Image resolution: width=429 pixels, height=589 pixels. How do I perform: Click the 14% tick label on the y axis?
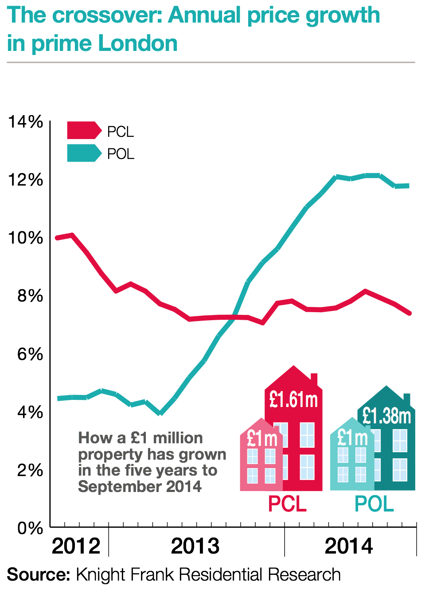26,121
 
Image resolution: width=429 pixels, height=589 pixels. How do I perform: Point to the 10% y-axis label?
26,238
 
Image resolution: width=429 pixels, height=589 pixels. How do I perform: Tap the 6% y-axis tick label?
30,354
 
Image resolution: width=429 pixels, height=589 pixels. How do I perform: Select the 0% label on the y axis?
30,528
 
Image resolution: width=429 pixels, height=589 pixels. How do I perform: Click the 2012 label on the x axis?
76,546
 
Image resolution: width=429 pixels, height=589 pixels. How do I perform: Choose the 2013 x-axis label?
195,546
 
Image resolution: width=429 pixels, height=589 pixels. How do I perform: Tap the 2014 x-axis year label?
349,546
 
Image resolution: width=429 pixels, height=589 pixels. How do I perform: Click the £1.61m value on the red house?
293,400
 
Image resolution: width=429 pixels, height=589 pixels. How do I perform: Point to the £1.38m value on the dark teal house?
386,416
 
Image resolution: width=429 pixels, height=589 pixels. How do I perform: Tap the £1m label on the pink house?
262,438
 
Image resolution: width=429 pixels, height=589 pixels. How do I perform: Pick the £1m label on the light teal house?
352,438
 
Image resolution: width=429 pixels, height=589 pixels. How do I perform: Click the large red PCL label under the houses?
287,504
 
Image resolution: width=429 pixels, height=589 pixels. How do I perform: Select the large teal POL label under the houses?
374,504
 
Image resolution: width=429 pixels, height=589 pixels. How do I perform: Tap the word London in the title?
138,43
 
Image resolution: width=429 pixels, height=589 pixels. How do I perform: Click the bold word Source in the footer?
39,574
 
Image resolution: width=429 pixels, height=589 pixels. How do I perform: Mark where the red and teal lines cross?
234,317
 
